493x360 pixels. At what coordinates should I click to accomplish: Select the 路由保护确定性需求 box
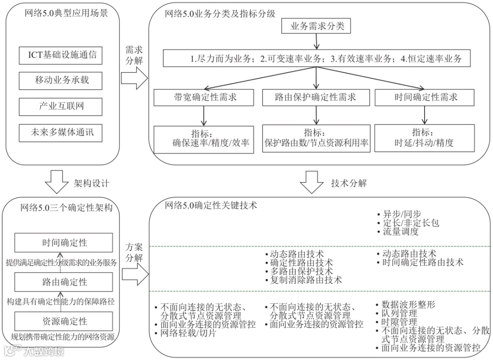point(316,97)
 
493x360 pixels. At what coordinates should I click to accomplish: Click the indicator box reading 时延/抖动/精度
point(424,138)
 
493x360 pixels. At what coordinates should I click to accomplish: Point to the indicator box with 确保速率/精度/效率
point(204,139)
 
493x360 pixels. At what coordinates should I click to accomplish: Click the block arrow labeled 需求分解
point(135,79)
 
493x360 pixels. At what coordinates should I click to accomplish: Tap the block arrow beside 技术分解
point(314,183)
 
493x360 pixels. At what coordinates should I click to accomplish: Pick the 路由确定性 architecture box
point(63,282)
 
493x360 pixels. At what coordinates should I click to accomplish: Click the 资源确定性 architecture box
point(63,322)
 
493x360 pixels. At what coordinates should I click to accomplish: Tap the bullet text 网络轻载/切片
point(188,333)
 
